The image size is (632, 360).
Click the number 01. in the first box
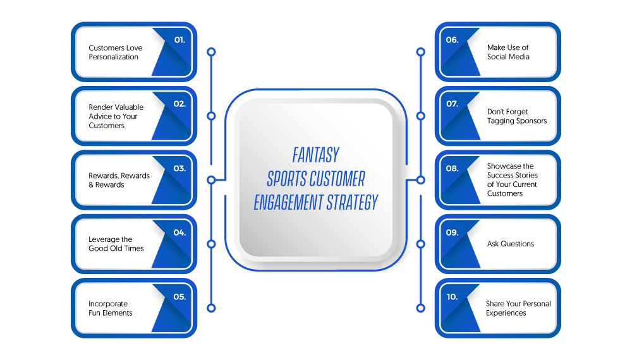pos(179,40)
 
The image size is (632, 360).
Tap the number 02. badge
pos(179,104)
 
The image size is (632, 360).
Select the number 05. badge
pos(179,297)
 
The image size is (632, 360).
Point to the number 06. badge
pos(453,40)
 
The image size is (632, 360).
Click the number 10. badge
pos(453,297)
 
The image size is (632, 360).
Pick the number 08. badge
pos(453,169)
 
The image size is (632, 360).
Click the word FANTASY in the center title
pos(316,155)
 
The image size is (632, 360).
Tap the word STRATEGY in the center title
pos(352,202)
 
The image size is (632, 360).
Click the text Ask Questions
pos(510,244)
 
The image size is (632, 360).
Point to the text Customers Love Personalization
pos(115,52)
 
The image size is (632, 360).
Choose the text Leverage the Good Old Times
pos(116,244)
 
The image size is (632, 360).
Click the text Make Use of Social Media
pos(508,52)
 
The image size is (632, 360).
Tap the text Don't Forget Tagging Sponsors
pos(517,116)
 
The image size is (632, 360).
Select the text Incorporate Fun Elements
pos(110,308)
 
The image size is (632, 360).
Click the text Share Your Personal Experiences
pos(518,308)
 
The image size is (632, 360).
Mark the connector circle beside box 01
pos(211,52)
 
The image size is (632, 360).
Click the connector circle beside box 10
pos(420,308)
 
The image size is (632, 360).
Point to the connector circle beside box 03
pos(211,180)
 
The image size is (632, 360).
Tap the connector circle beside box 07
pos(420,116)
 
